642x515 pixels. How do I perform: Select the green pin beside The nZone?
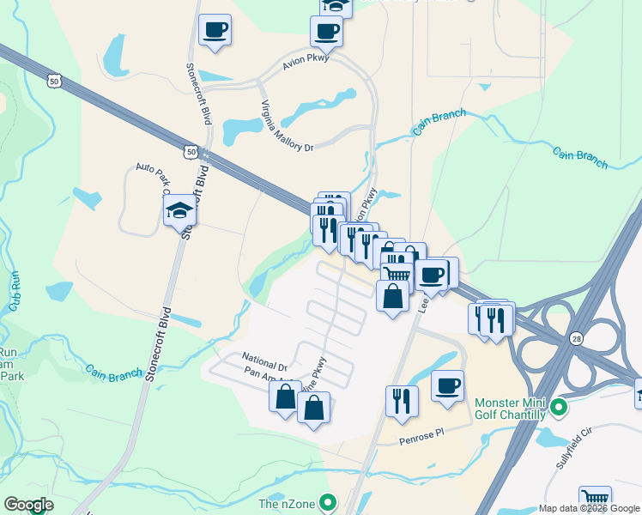tap(327, 502)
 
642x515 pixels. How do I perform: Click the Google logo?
tap(29, 505)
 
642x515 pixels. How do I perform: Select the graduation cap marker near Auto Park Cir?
tap(179, 210)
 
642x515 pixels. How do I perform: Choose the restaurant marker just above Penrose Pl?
tap(402, 400)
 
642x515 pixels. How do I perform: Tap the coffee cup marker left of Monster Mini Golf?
tap(447, 386)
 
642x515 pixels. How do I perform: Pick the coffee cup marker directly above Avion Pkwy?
tap(326, 32)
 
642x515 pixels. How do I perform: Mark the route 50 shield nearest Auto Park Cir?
tap(190, 152)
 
